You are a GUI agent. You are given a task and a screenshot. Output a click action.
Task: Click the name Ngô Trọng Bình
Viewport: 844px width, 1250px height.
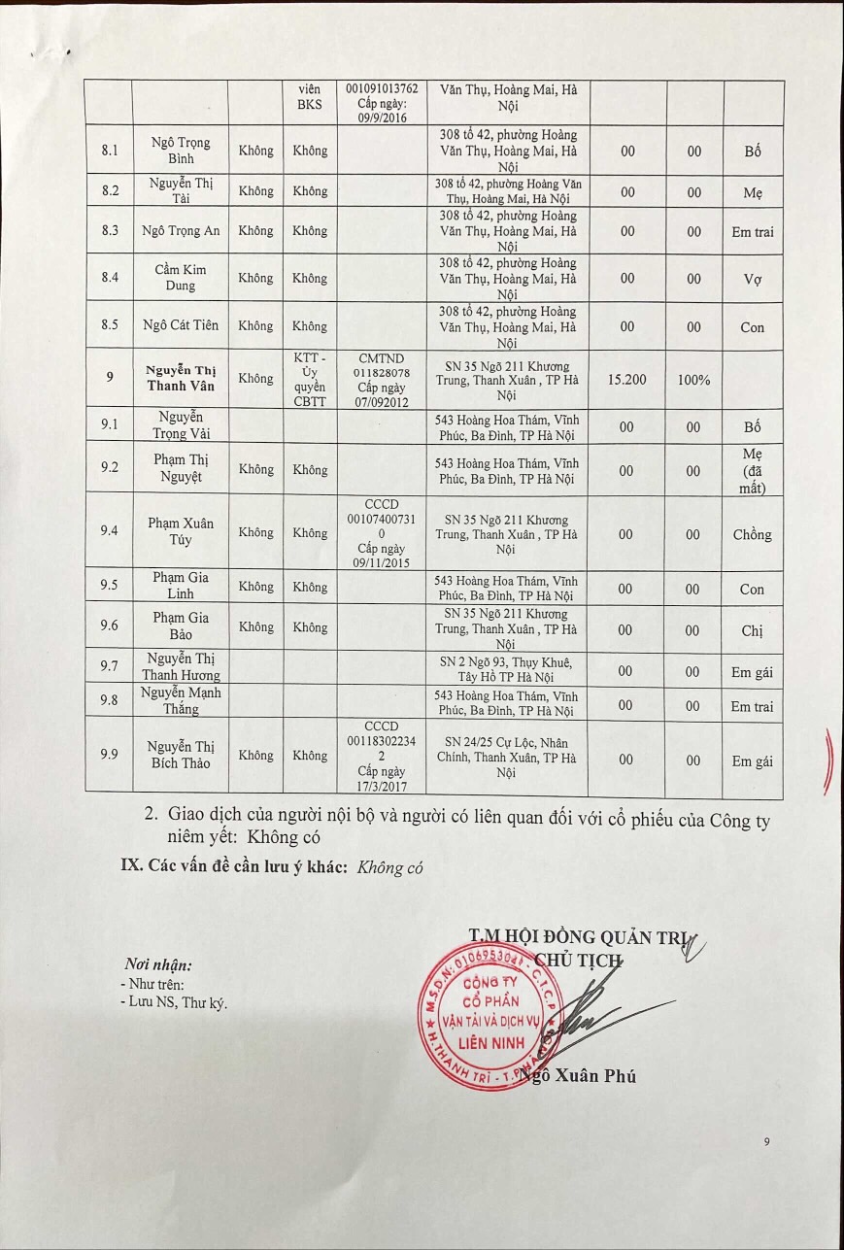[181, 151]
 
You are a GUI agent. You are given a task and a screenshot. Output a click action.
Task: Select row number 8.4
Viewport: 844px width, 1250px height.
[110, 278]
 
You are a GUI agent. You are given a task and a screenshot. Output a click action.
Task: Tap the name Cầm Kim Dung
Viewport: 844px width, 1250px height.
[181, 278]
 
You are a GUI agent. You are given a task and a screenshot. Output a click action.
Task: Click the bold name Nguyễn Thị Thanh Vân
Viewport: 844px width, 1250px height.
[181, 378]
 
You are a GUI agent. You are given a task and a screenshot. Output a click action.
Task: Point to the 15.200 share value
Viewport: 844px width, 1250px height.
[627, 379]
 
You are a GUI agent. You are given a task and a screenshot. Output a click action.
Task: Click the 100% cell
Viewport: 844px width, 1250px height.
[693, 379]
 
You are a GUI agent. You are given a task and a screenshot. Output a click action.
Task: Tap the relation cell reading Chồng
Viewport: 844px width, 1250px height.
[752, 534]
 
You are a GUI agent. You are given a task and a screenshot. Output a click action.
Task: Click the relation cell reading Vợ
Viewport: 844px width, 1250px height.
[752, 279]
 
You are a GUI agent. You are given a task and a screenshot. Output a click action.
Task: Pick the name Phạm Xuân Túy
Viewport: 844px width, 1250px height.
[181, 532]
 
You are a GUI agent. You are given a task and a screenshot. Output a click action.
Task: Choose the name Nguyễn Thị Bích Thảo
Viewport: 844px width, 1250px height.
[181, 755]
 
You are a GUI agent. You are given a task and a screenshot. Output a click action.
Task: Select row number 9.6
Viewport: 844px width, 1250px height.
[110, 626]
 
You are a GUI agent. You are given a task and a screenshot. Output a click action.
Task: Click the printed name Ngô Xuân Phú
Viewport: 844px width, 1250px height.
[579, 1075]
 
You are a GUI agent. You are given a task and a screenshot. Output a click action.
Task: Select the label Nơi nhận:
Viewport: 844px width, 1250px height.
[158, 965]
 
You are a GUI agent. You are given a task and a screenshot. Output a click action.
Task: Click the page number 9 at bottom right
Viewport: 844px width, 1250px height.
[766, 1142]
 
